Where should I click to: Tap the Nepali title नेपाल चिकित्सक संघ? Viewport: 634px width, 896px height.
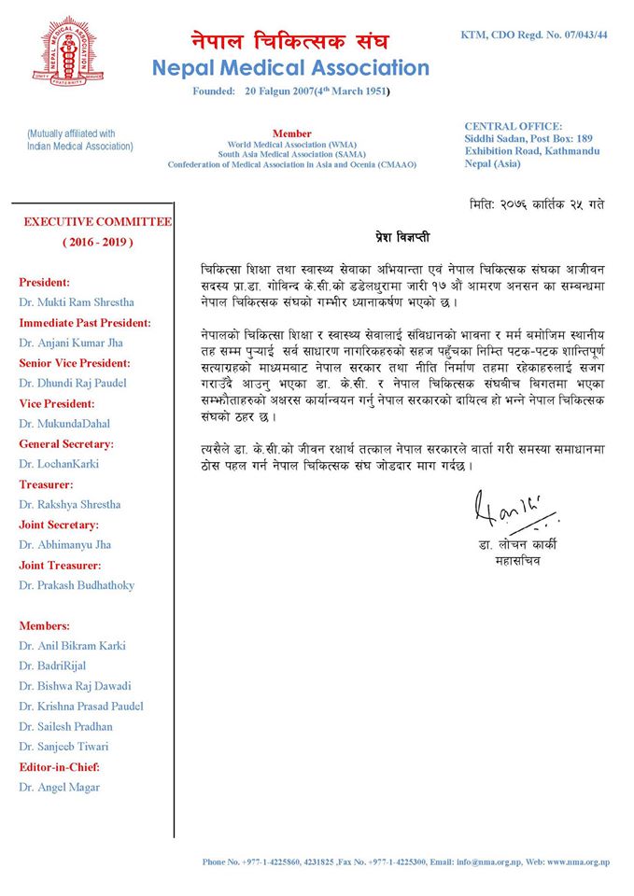289,41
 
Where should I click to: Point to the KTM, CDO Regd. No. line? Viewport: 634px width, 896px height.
534,35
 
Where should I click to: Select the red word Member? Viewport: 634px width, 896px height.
291,133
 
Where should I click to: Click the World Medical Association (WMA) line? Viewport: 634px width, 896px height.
291,145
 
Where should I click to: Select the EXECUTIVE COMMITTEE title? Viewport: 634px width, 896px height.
97,222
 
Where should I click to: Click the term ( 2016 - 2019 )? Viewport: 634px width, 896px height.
97,243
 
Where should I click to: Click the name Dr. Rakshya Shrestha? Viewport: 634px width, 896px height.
69,505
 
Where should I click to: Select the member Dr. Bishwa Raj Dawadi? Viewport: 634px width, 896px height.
75,686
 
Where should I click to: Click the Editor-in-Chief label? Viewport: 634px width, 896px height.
59,767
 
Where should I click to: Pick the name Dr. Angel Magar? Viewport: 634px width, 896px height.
59,787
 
